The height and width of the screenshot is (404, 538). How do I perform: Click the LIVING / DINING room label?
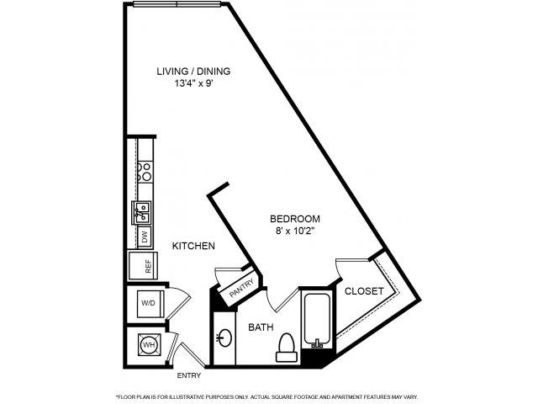coord(193,72)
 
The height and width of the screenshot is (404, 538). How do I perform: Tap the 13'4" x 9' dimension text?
coord(193,84)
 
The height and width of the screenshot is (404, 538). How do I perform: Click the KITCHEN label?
coord(194,247)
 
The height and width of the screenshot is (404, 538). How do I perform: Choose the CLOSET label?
coord(365,291)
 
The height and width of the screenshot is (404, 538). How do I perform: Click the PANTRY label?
coord(241,288)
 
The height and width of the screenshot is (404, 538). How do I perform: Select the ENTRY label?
coord(188,375)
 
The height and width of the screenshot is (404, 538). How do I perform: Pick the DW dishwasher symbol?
coord(144,238)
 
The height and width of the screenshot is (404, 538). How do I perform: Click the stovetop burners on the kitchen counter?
coord(145,173)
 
